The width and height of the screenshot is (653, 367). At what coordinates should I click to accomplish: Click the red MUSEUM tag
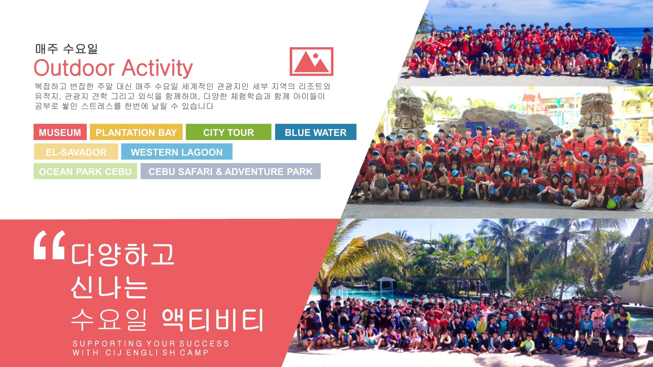pyautogui.click(x=60, y=132)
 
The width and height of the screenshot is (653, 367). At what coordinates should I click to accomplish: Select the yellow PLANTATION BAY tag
pyautogui.click(x=136, y=132)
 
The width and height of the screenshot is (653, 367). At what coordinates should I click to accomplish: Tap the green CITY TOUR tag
pyautogui.click(x=229, y=132)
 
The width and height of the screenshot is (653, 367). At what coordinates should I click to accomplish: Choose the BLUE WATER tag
pyautogui.click(x=316, y=132)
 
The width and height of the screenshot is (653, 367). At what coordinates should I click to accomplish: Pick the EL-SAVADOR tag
pyautogui.click(x=76, y=152)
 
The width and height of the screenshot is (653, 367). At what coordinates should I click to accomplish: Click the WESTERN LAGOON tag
pyautogui.click(x=177, y=152)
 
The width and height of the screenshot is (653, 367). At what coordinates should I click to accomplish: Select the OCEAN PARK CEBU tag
pyautogui.click(x=85, y=171)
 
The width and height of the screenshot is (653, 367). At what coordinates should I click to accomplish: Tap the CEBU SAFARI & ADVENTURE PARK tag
pyautogui.click(x=231, y=171)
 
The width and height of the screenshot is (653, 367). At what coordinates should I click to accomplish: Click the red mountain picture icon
pyautogui.click(x=312, y=62)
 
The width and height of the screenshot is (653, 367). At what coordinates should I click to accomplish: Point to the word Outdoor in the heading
pyautogui.click(x=74, y=68)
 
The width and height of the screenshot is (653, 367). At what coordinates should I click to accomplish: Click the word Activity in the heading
pyautogui.click(x=157, y=68)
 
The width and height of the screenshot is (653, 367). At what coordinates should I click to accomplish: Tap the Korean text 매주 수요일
pyautogui.click(x=66, y=49)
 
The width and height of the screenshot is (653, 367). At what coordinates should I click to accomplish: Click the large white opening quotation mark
pyautogui.click(x=50, y=245)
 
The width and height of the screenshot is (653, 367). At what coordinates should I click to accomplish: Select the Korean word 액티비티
pyautogui.click(x=213, y=320)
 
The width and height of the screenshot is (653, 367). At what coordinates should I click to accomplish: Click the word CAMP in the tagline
pyautogui.click(x=194, y=353)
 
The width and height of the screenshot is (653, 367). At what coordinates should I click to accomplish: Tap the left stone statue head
pyautogui.click(x=409, y=112)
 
